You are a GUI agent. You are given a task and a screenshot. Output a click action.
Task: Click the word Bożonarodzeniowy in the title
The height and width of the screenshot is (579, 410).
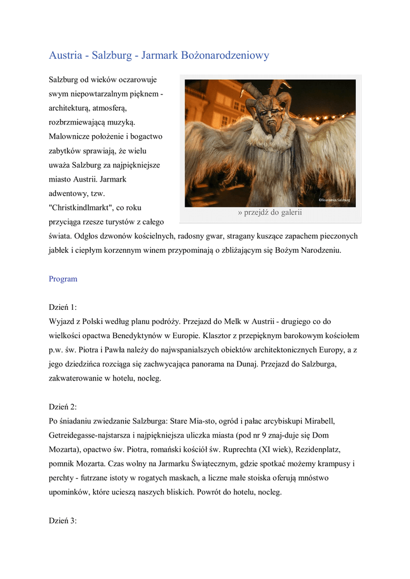point(225,55)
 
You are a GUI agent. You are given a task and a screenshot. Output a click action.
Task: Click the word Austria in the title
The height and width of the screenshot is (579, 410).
point(66,55)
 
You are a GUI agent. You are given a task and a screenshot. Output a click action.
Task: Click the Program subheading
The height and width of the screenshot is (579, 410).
point(63,279)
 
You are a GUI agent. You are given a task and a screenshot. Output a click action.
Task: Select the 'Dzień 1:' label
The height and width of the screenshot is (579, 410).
point(63,307)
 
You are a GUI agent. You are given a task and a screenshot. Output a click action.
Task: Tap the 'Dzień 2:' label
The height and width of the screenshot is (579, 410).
point(63,407)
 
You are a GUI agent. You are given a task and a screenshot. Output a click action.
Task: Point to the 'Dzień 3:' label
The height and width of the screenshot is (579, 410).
point(63,521)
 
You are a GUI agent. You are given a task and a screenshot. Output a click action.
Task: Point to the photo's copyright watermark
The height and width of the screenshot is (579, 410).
point(334,200)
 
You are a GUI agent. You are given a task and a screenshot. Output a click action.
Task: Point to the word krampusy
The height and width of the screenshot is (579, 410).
point(331,464)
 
